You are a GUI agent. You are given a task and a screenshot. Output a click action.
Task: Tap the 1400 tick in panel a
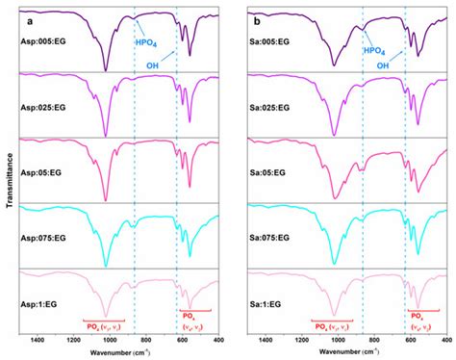click(38, 340)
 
